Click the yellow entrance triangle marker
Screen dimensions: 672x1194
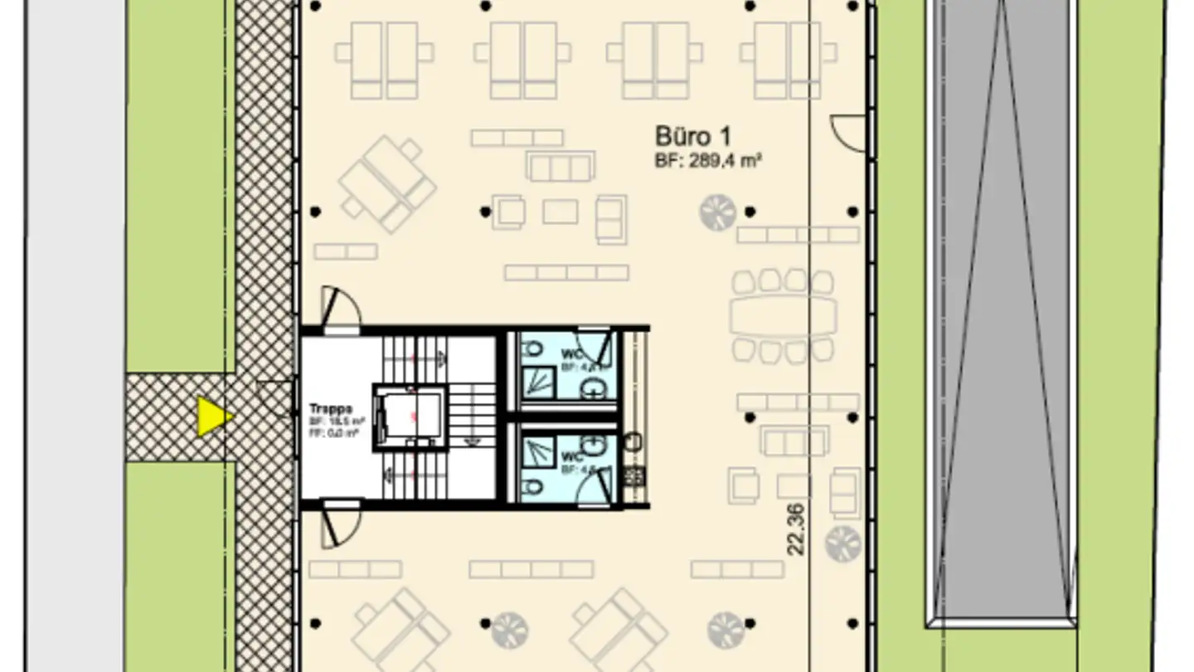(213, 416)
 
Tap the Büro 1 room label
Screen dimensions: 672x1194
(692, 136)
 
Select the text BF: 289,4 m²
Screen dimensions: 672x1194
(707, 161)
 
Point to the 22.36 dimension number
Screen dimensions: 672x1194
(794, 529)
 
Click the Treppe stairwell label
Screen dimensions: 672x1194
(331, 409)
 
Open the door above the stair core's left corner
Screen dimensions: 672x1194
(341, 308)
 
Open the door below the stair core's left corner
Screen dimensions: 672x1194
(341, 523)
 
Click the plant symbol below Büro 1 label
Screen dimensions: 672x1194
(717, 212)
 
